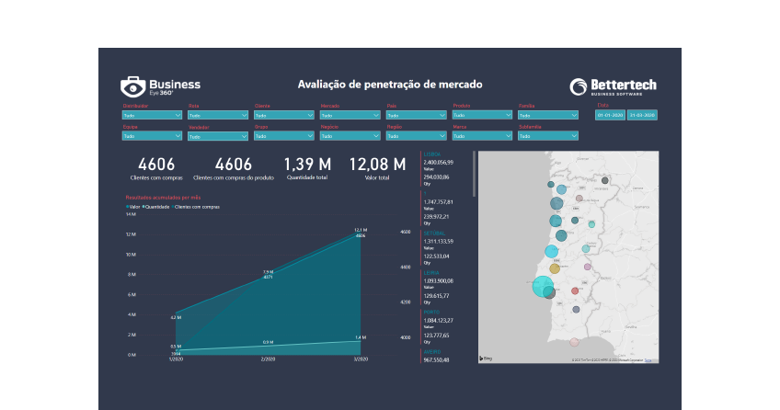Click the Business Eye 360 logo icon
[132, 87]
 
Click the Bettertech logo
[613, 86]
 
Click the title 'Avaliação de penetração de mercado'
[390, 85]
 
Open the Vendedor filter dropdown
[217, 136]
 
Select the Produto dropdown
[482, 116]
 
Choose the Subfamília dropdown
[548, 136]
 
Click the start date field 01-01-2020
[610, 116]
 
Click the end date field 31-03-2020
[641, 116]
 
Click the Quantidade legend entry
[157, 207]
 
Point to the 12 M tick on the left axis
[131, 234]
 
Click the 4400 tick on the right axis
[406, 267]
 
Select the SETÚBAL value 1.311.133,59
[439, 241]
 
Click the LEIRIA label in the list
[432, 272]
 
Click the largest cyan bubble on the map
[542, 286]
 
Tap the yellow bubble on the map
[555, 268]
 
